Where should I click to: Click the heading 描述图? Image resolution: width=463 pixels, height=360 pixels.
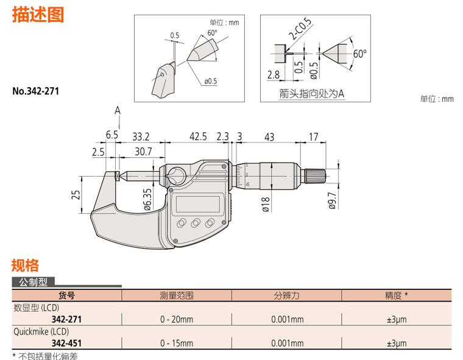(38, 15)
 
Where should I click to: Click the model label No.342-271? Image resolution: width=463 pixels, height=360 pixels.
(36, 92)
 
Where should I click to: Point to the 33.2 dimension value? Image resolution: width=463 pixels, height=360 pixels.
(140, 137)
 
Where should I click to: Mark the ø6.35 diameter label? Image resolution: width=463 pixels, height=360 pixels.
(147, 199)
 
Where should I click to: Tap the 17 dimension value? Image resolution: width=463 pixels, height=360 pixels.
(313, 137)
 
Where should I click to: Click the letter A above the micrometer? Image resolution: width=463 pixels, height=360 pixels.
(117, 110)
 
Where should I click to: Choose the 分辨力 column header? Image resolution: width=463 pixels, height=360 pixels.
(286, 295)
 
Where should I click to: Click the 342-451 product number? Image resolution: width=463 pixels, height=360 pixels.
(64, 343)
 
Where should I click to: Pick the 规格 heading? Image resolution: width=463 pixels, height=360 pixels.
(26, 266)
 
